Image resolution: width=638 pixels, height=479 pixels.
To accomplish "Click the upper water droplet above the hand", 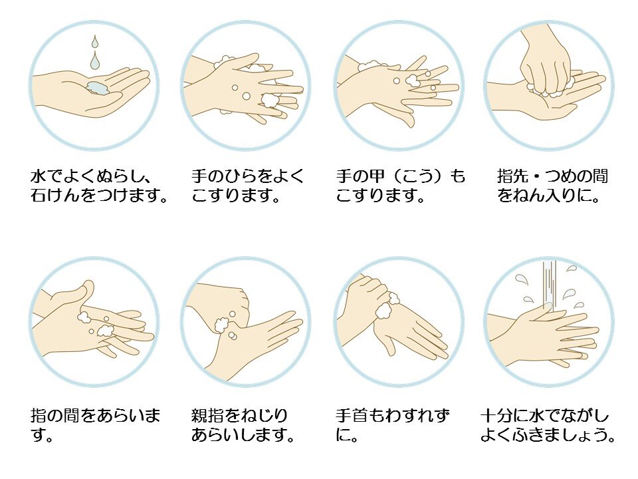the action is [x=95, y=41].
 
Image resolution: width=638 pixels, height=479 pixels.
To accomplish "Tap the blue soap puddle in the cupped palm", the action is [x=98, y=87].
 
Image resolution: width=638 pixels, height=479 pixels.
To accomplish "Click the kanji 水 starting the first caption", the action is [x=39, y=177].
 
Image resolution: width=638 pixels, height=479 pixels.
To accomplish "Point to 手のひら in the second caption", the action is [x=224, y=177].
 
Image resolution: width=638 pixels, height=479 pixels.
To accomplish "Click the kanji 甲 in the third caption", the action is [x=375, y=177].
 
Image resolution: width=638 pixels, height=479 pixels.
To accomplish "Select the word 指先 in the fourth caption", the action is [x=512, y=177].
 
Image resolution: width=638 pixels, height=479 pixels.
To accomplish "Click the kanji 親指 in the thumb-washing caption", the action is [x=207, y=416].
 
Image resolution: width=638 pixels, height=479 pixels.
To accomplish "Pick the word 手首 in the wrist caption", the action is [x=352, y=416].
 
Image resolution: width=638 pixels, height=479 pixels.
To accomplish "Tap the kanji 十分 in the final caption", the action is [x=496, y=416].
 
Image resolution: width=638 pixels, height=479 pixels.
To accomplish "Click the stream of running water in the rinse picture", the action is [x=549, y=285].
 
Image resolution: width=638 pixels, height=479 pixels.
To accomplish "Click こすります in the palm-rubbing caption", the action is [x=231, y=196].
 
